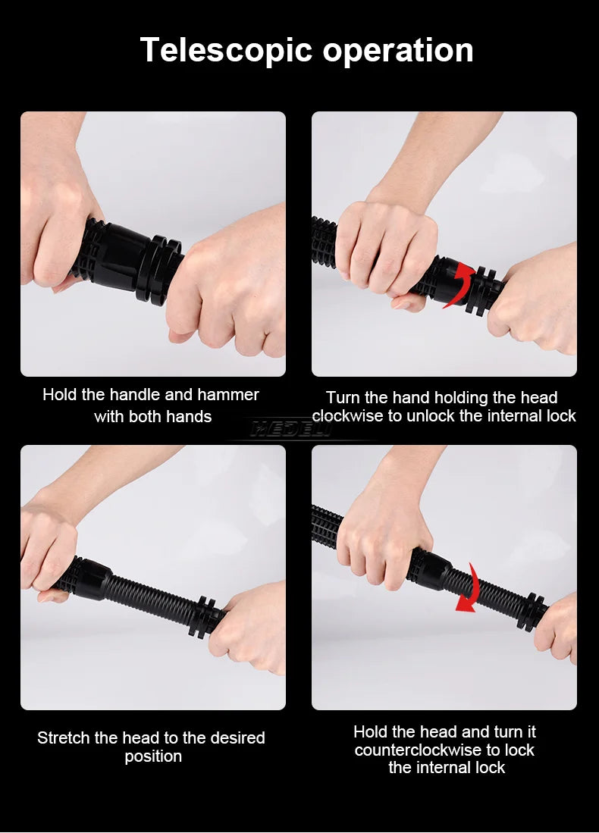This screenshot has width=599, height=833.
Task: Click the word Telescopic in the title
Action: (226, 51)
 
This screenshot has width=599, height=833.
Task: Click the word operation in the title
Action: (398, 51)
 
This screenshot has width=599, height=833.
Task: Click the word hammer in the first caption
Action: (228, 395)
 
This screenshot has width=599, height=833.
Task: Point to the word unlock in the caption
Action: (430, 416)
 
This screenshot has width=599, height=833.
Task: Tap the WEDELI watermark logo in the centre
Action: (291, 429)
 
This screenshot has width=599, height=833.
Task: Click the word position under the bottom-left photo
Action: (153, 756)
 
